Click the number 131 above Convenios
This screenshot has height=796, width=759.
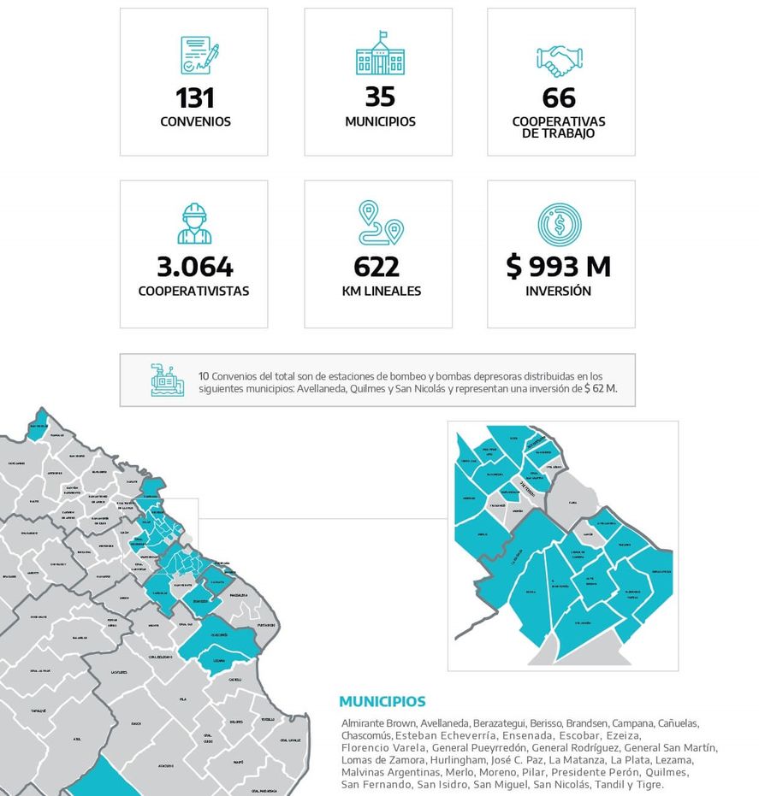tap(194, 97)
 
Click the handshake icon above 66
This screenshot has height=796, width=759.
tap(561, 60)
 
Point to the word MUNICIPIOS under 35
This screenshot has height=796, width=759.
tap(380, 121)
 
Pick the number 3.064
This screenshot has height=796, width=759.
tap(194, 267)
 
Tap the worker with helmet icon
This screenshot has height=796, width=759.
tap(194, 223)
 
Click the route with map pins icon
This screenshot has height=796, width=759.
tap(380, 223)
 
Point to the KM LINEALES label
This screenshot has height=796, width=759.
tap(380, 291)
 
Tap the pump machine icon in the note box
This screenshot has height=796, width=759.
tap(168, 380)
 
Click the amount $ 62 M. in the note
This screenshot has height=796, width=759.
tap(600, 388)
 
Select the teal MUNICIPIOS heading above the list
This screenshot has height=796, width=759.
tap(382, 702)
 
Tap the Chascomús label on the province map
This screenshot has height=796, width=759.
tap(219, 635)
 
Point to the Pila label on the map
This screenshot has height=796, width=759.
tap(182, 699)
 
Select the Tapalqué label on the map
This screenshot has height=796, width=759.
tap(37, 711)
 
